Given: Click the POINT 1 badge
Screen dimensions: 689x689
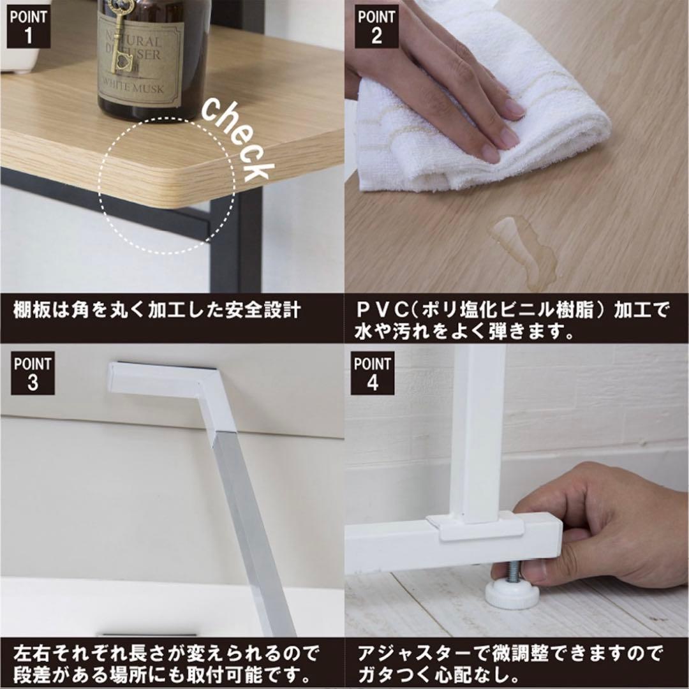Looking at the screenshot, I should click(29, 27).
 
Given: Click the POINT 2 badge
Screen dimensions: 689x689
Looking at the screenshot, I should click(376, 27).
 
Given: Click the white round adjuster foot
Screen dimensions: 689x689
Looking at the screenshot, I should click(512, 594).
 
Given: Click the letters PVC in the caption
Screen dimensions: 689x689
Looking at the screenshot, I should click(380, 311).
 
